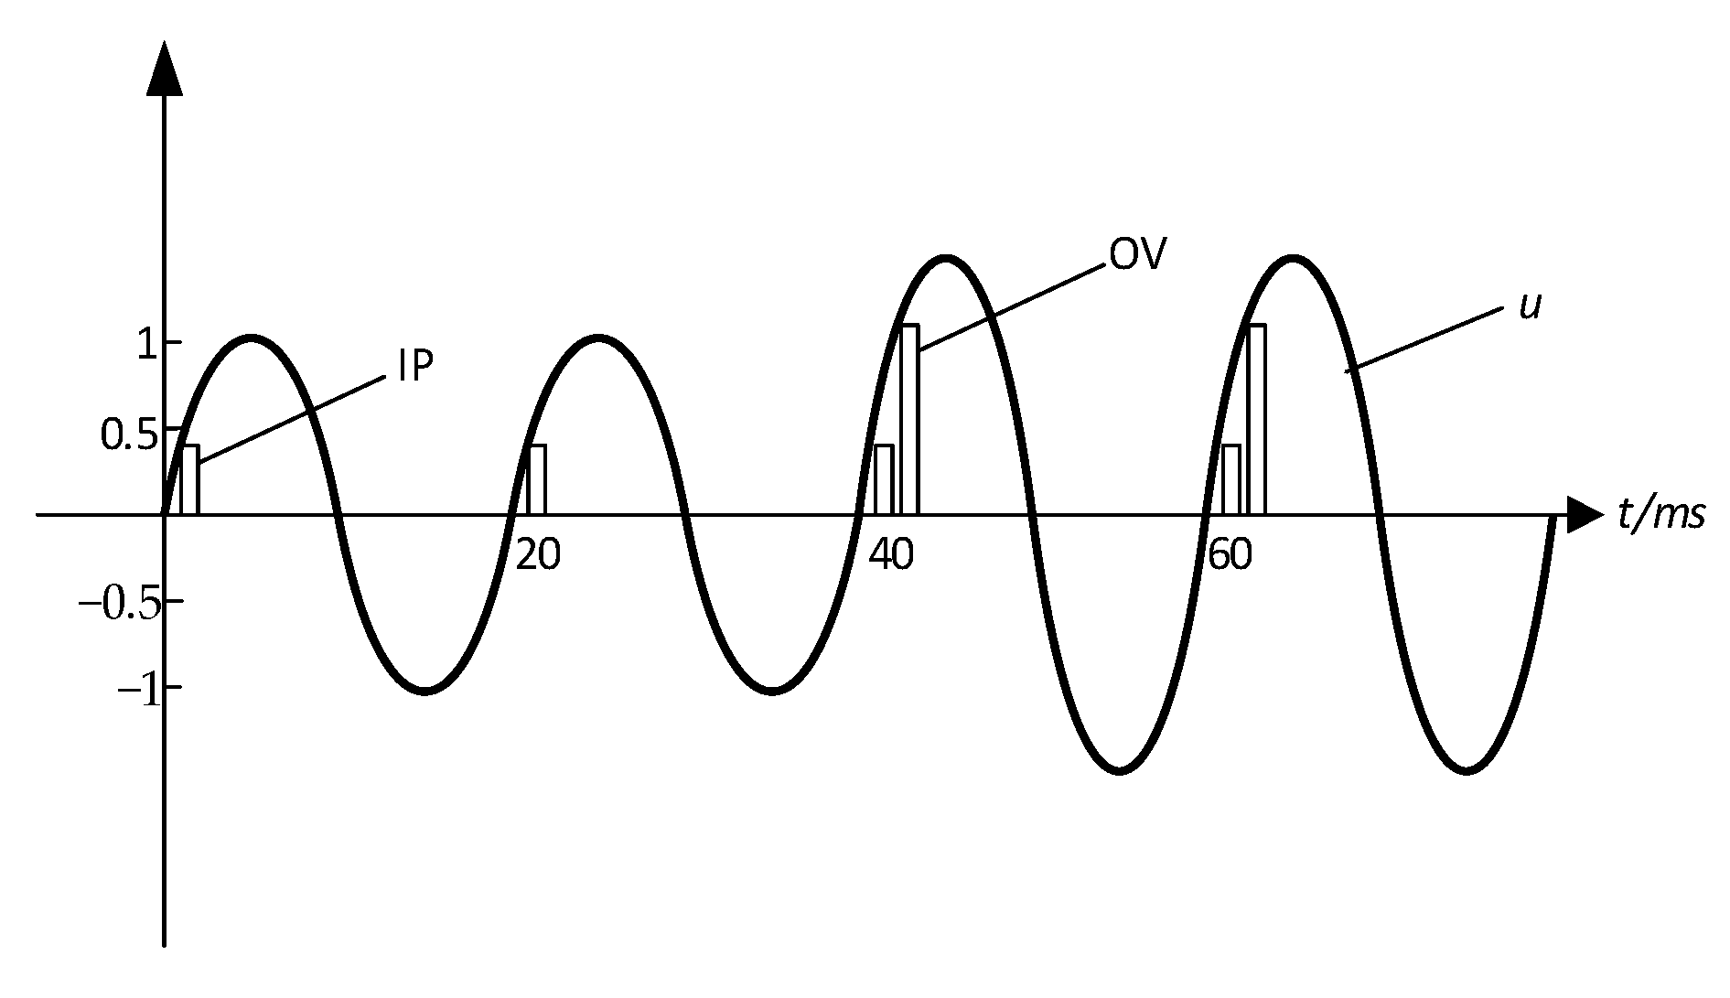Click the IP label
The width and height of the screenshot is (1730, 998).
414,367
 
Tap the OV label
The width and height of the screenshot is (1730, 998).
1138,255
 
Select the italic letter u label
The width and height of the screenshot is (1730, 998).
1530,306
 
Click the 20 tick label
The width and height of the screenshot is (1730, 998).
538,555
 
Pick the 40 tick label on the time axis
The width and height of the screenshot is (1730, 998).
891,555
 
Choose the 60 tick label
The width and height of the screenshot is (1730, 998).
1230,555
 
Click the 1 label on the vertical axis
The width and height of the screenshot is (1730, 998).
145,343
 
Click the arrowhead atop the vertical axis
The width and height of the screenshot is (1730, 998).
165,69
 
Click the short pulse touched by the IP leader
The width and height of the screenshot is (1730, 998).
189,479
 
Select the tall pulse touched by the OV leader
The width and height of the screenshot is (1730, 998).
909,419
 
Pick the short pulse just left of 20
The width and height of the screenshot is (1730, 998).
537,479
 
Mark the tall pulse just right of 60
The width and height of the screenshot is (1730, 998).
1257,419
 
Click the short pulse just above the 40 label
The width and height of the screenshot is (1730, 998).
884,479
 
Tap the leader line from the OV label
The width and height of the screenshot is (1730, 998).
1010,308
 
